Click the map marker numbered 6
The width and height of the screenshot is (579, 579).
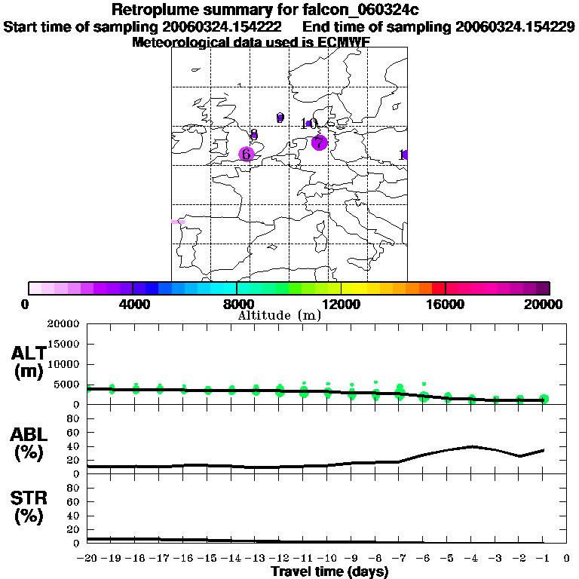pos(246,154)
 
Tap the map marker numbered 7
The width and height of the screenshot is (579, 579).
pos(319,142)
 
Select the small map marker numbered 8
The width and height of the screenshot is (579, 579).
pos(254,135)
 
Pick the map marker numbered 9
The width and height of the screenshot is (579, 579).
pos(280,118)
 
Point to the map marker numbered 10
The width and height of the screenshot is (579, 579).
pos(309,124)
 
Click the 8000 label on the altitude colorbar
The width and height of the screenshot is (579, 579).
pos(236,305)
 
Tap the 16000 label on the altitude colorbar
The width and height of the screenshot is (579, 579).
pos(446,305)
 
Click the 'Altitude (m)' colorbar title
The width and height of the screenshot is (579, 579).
pos(279,316)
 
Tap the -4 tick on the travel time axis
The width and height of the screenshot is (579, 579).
pos(470,559)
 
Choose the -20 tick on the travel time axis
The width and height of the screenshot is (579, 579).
pos(87,559)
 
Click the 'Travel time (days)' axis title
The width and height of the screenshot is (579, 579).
pos(329,572)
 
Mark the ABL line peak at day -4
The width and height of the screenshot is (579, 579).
pos(470,446)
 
